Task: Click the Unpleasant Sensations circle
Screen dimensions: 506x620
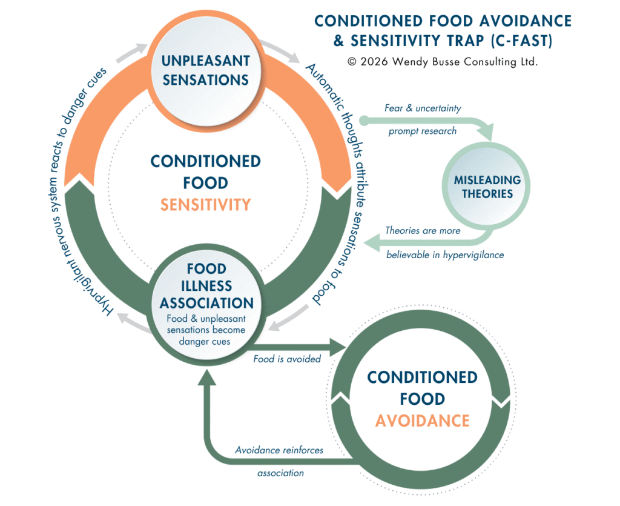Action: coord(205,70)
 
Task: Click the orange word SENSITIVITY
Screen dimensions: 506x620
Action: coord(206,204)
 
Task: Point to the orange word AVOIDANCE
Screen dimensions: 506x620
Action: coord(422,420)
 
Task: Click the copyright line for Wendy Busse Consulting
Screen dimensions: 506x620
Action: coord(443,62)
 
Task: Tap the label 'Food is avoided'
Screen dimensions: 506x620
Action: coord(287,359)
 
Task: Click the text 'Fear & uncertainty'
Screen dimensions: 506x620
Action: coord(423,108)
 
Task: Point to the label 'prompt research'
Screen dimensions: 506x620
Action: coord(423,131)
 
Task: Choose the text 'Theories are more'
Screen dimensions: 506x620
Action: coord(423,230)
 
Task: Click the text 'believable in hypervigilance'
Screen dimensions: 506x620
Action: coord(445,255)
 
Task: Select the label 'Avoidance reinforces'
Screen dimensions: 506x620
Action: coord(279,450)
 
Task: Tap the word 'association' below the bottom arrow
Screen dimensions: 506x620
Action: coord(280,473)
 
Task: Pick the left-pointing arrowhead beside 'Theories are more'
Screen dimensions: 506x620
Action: coord(371,243)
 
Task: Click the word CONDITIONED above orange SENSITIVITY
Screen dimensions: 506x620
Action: coord(206,161)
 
